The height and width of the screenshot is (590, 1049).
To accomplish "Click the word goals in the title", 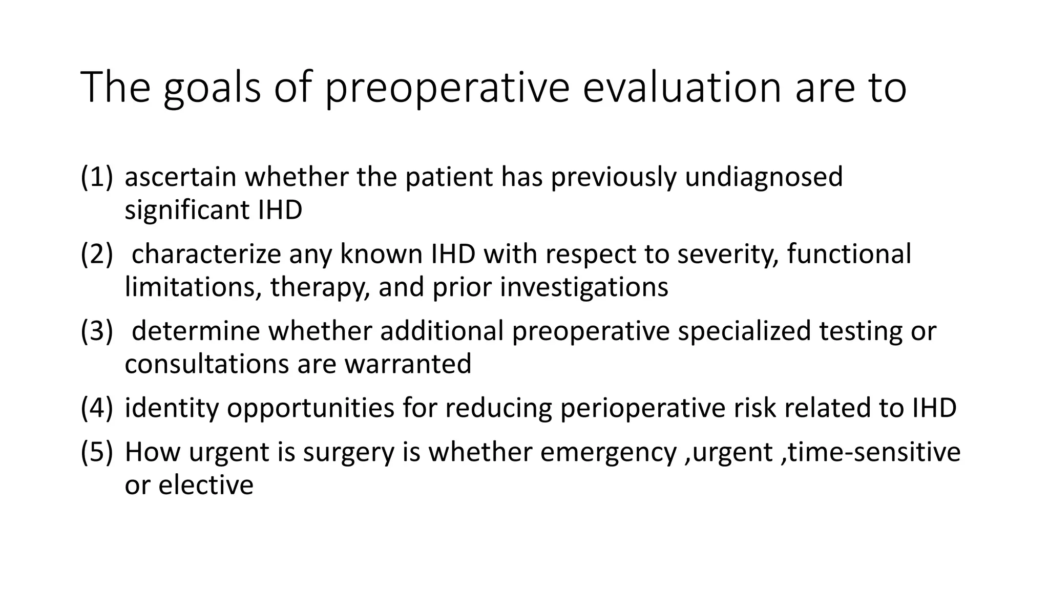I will point(212,88).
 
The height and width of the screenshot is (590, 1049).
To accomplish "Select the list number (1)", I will point(96,177).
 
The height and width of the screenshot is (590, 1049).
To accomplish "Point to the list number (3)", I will point(96,331).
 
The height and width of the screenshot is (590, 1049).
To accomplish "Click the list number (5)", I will point(96,452).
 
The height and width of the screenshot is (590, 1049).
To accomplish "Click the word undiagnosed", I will point(763,178).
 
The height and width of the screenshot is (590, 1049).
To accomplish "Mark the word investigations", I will point(584,288).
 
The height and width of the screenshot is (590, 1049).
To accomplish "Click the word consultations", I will point(206,364).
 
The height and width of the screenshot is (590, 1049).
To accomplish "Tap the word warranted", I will point(408,364).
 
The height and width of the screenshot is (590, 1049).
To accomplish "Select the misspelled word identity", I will point(171,408).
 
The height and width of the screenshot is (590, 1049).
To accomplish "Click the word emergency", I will point(608,453).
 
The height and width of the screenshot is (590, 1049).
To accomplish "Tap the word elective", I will point(205,485).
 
